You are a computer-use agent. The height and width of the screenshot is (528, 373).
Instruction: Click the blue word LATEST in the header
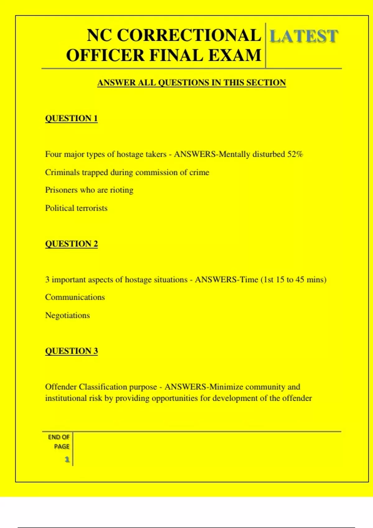click(303, 36)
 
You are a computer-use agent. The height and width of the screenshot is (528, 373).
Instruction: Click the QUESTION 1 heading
click(71, 118)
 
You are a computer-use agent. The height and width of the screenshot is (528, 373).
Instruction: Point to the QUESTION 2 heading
click(71, 244)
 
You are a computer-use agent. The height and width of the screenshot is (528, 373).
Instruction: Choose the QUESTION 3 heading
click(71, 351)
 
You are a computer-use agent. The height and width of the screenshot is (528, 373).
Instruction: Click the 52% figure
click(295, 154)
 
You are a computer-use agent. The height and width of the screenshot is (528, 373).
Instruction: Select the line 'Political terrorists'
click(76, 208)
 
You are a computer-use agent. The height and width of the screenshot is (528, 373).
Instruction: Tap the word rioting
click(122, 190)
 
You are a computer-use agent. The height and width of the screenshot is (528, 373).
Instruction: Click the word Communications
click(75, 297)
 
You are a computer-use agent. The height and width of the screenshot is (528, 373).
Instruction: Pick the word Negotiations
click(67, 315)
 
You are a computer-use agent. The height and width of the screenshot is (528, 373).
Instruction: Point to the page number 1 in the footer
click(67, 459)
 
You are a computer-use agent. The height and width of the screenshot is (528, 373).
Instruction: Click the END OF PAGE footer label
click(59, 442)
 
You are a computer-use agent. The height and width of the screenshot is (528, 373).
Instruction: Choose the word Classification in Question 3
click(103, 387)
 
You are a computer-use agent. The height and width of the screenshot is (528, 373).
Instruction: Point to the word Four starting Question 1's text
click(53, 154)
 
